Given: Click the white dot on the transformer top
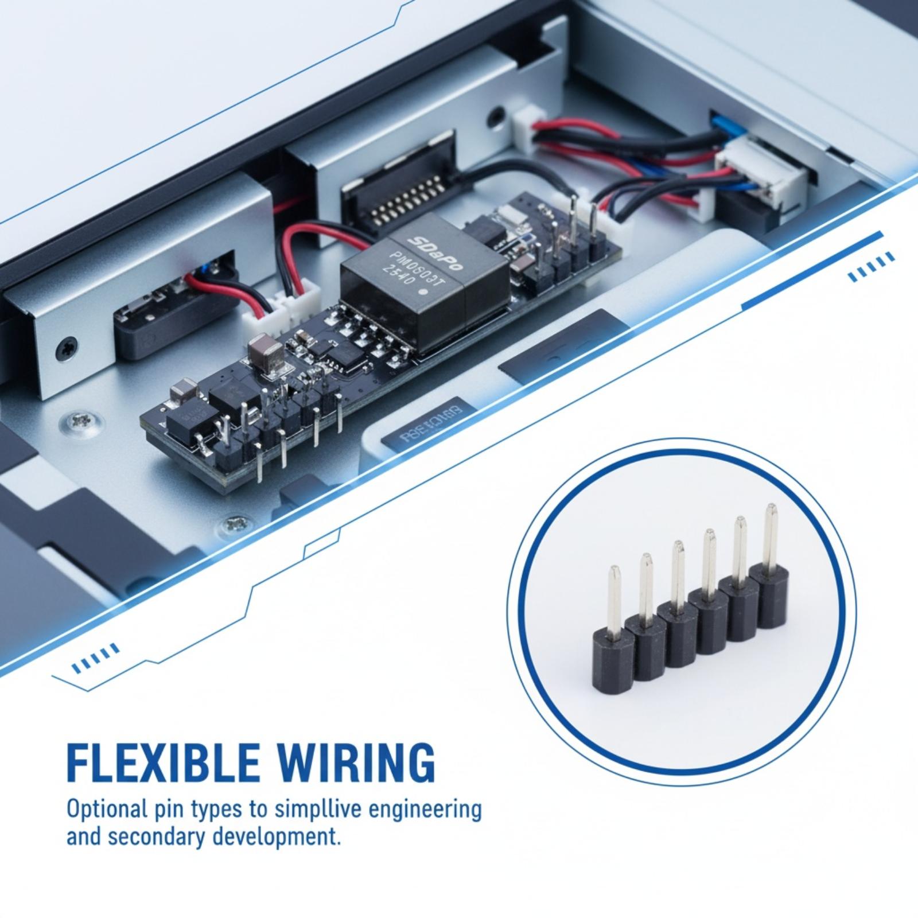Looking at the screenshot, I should (x=423, y=292).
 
